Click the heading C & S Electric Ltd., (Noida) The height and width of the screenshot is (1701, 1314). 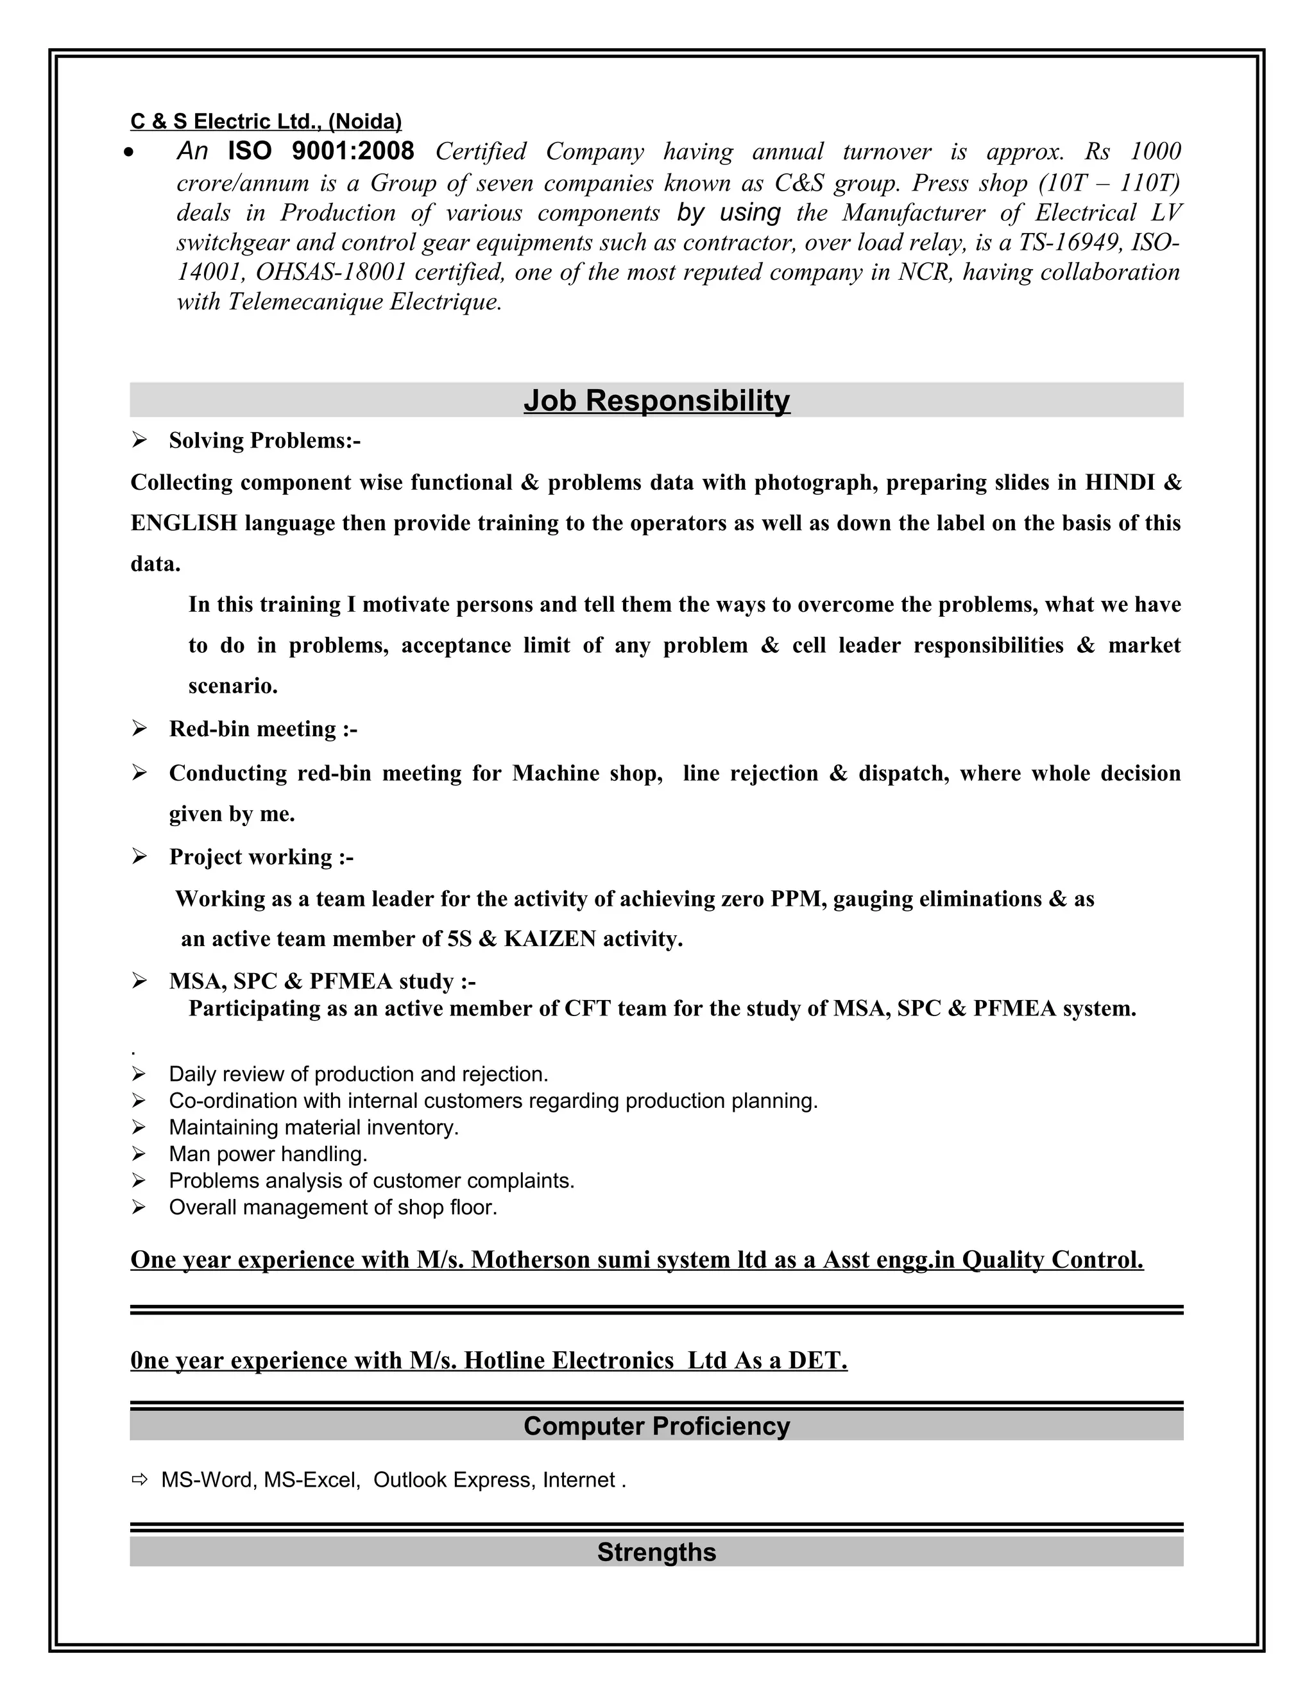266,121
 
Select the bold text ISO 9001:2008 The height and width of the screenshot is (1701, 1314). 321,151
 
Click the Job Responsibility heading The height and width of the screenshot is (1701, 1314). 656,401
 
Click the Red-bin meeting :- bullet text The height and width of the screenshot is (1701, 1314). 263,729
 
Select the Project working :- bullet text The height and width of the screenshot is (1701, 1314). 260,858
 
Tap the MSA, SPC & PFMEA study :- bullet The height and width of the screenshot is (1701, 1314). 322,981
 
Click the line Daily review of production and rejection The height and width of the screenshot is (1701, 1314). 358,1075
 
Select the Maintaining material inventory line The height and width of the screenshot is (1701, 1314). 314,1128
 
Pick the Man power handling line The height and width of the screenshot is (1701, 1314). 268,1154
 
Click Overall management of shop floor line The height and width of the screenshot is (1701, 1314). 332,1207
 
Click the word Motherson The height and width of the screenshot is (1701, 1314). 531,1260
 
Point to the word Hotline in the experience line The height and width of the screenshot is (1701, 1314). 506,1361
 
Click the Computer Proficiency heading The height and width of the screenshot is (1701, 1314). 656,1426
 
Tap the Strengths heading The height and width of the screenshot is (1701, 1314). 656,1552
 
